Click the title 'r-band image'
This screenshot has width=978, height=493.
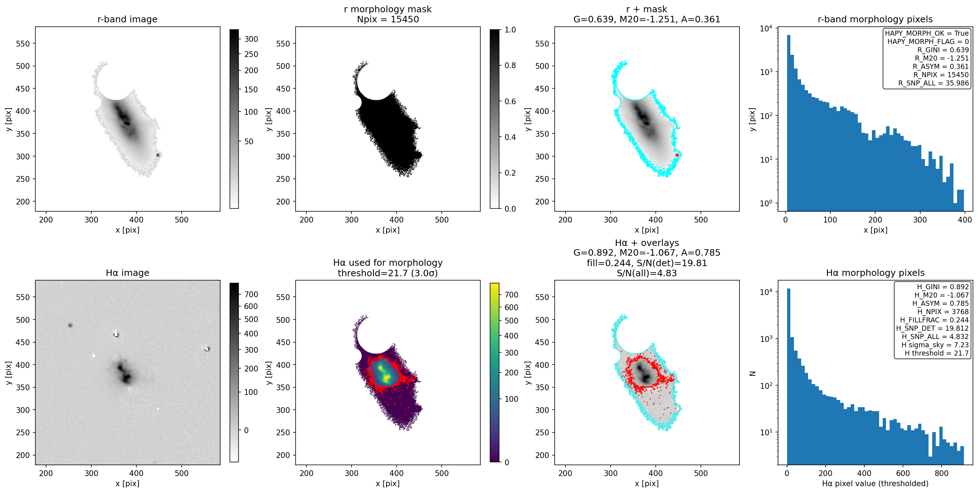tap(127, 19)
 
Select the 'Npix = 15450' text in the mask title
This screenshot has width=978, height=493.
tap(388, 19)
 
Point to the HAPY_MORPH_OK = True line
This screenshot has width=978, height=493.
tap(927, 33)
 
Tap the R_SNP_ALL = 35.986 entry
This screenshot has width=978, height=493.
tap(934, 83)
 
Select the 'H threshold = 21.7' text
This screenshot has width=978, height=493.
tap(936, 353)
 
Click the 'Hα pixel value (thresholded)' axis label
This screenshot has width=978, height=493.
tap(875, 484)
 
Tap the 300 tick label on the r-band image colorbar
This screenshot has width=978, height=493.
tap(251, 39)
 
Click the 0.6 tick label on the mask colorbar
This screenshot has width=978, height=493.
tap(510, 101)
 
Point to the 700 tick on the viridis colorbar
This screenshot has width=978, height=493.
tap(511, 295)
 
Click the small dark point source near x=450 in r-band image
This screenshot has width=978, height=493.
tap(158, 155)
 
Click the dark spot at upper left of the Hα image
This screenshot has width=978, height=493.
tap(70, 325)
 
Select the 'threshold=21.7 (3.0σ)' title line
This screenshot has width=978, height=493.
tap(388, 273)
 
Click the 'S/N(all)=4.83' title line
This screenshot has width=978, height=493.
tap(647, 273)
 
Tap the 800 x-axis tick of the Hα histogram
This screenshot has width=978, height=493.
tap(942, 473)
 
